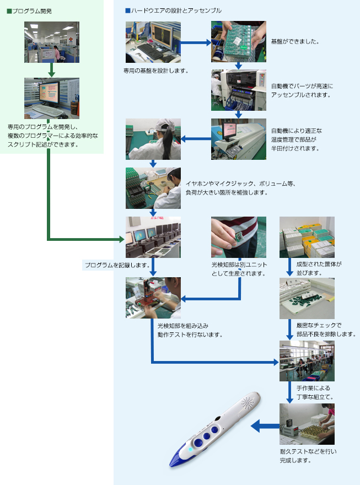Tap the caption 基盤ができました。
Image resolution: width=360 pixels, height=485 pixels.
[x=295, y=41]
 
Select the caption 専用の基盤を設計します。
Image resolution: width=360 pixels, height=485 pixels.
[x=157, y=71]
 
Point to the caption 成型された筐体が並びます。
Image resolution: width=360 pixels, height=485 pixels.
[x=311, y=268]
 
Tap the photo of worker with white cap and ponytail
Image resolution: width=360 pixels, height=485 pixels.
[x=153, y=139]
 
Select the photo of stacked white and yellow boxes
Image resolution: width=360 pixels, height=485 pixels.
[x=307, y=237]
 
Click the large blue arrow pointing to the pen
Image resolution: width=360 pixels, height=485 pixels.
[x=264, y=425]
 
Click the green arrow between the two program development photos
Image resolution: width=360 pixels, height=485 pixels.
[x=51, y=70]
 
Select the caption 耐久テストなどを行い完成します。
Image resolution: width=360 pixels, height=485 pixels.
[x=300, y=455]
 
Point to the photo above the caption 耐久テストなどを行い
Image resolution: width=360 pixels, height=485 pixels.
[x=307, y=424]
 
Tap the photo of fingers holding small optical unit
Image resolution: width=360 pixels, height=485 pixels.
[x=238, y=237]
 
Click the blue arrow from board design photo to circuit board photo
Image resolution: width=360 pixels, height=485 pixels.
[x=196, y=42]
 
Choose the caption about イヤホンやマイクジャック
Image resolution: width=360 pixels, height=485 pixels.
[x=240, y=188]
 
